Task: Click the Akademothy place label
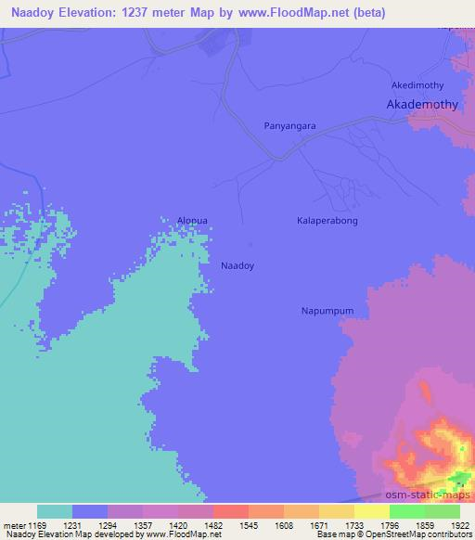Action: click(x=422, y=105)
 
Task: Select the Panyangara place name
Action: click(x=290, y=123)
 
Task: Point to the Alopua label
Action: click(x=193, y=220)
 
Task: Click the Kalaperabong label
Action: click(x=327, y=221)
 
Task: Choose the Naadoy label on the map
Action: click(x=237, y=265)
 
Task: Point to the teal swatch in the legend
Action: click(x=55, y=511)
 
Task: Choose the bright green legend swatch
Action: click(x=406, y=511)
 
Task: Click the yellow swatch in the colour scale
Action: click(x=371, y=511)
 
